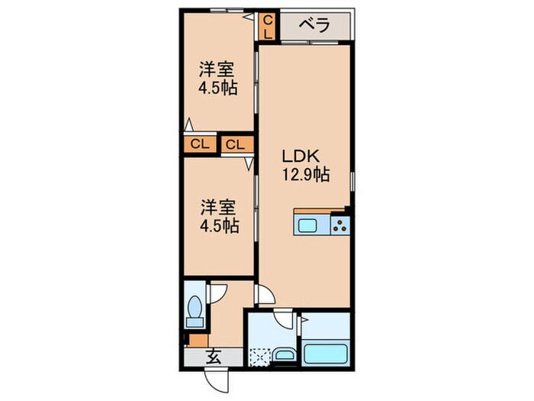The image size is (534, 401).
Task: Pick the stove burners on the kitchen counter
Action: [340, 225]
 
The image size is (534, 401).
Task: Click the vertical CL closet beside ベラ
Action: [269, 27]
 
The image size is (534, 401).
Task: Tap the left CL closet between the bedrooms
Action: [198, 144]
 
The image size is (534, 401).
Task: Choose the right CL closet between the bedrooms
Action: [235, 144]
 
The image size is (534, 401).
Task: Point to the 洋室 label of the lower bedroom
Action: [217, 207]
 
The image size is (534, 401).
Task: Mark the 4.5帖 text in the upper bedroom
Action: [218, 88]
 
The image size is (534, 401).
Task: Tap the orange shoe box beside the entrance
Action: [198, 341]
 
